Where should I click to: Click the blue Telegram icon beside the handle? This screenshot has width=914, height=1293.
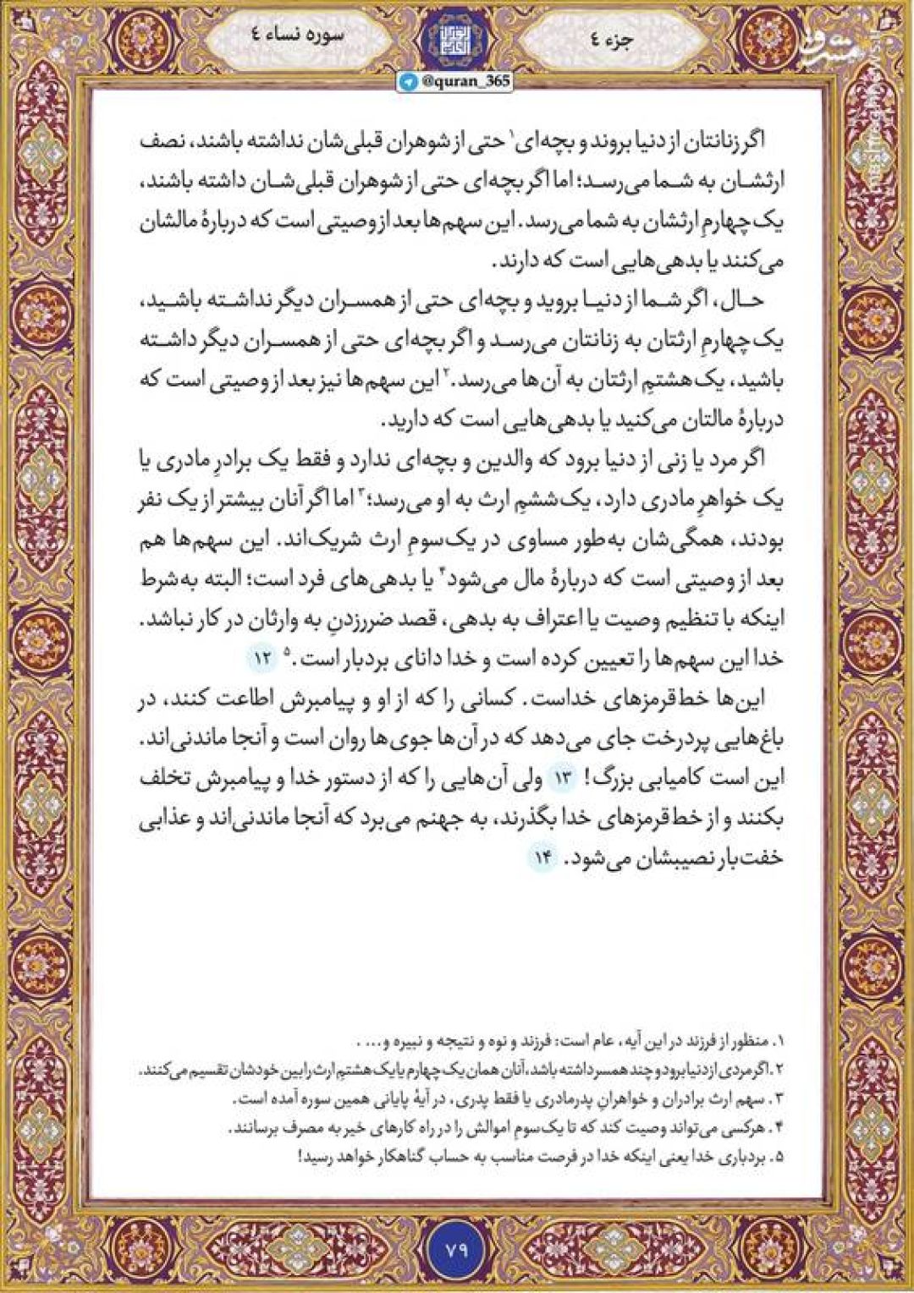tap(409, 80)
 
